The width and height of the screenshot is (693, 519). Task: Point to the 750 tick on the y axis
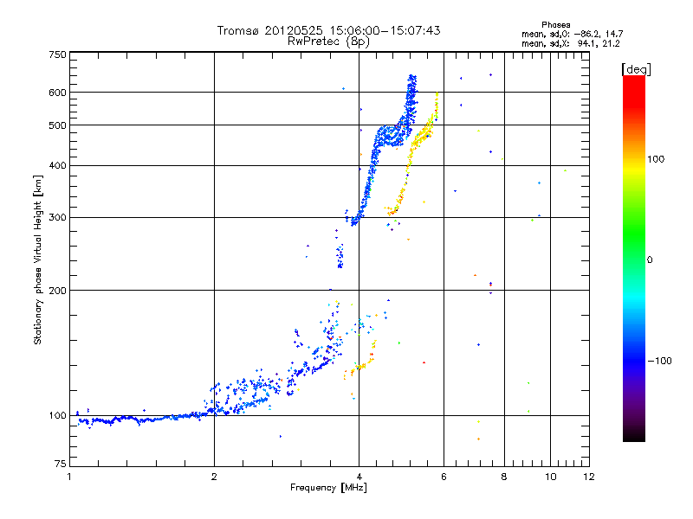tap(56, 54)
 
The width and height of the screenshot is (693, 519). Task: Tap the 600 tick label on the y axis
tap(56, 92)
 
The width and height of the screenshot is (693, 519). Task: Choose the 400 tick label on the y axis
tap(56, 165)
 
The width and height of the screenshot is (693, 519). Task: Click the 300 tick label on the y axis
tap(56, 217)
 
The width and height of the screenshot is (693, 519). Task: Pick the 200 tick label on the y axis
tap(56, 290)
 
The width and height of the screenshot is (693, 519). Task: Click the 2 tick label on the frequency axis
tap(214, 477)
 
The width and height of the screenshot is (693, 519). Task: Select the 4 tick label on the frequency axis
tap(359, 477)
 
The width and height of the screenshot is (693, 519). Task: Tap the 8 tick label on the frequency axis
tap(503, 477)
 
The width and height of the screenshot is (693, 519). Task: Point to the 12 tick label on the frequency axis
tap(588, 477)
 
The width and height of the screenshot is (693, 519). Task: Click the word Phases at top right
tap(555, 24)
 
